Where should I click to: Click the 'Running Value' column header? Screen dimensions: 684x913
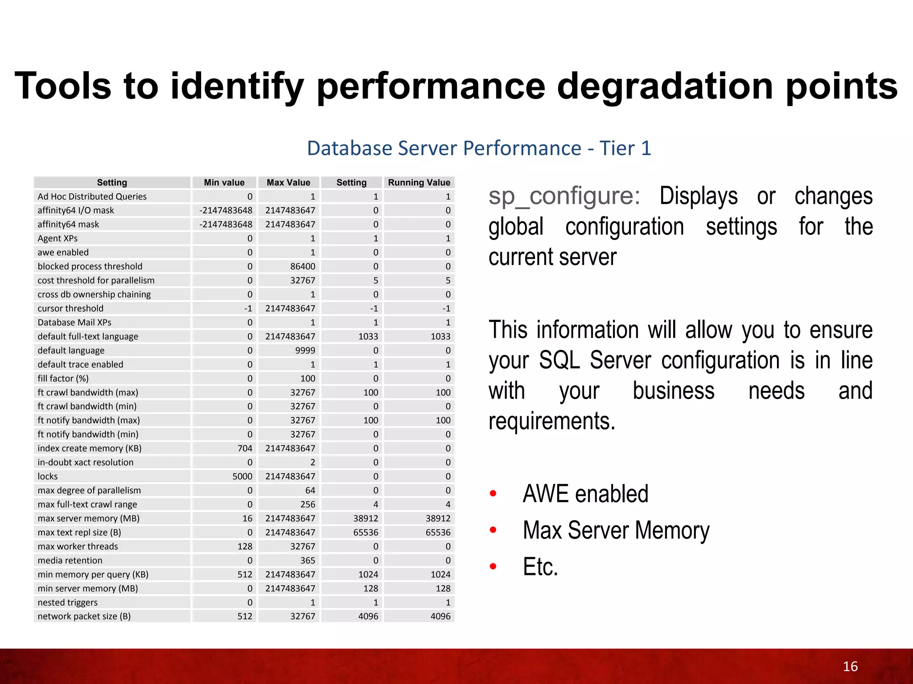(419, 183)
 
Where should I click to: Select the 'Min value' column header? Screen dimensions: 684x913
(224, 183)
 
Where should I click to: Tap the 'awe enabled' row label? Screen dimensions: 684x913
(63, 252)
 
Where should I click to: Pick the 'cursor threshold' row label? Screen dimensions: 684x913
(70, 309)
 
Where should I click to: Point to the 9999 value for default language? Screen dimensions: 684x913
(305, 350)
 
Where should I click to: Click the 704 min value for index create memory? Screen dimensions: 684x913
(245, 448)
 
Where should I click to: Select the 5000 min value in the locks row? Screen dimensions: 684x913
(242, 476)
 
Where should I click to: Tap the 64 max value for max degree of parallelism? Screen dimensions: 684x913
(310, 490)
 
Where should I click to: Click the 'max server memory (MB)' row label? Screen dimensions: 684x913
(88, 518)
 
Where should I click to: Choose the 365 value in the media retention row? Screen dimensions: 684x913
(307, 560)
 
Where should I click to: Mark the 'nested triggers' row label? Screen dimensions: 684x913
(67, 603)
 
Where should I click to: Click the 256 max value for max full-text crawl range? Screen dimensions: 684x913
(307, 505)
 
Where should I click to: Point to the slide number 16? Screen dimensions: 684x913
(850, 666)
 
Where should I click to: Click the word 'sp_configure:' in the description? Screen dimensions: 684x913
(564, 196)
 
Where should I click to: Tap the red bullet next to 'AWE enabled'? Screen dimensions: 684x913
(493, 493)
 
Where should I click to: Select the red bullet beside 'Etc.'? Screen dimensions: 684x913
(493, 566)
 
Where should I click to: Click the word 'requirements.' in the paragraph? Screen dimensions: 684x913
(552, 421)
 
